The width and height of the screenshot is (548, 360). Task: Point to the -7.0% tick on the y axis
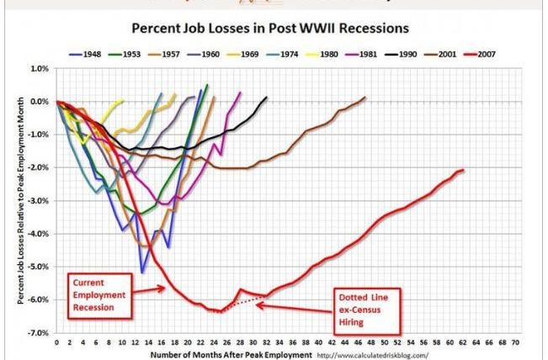(x=38, y=333)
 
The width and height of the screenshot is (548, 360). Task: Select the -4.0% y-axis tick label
(x=38, y=234)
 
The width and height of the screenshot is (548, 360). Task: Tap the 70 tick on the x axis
(x=515, y=343)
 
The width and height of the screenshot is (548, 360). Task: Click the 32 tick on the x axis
(x=266, y=343)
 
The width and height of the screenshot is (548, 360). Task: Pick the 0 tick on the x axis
(x=56, y=343)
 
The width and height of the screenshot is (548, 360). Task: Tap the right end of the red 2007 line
(x=463, y=170)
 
